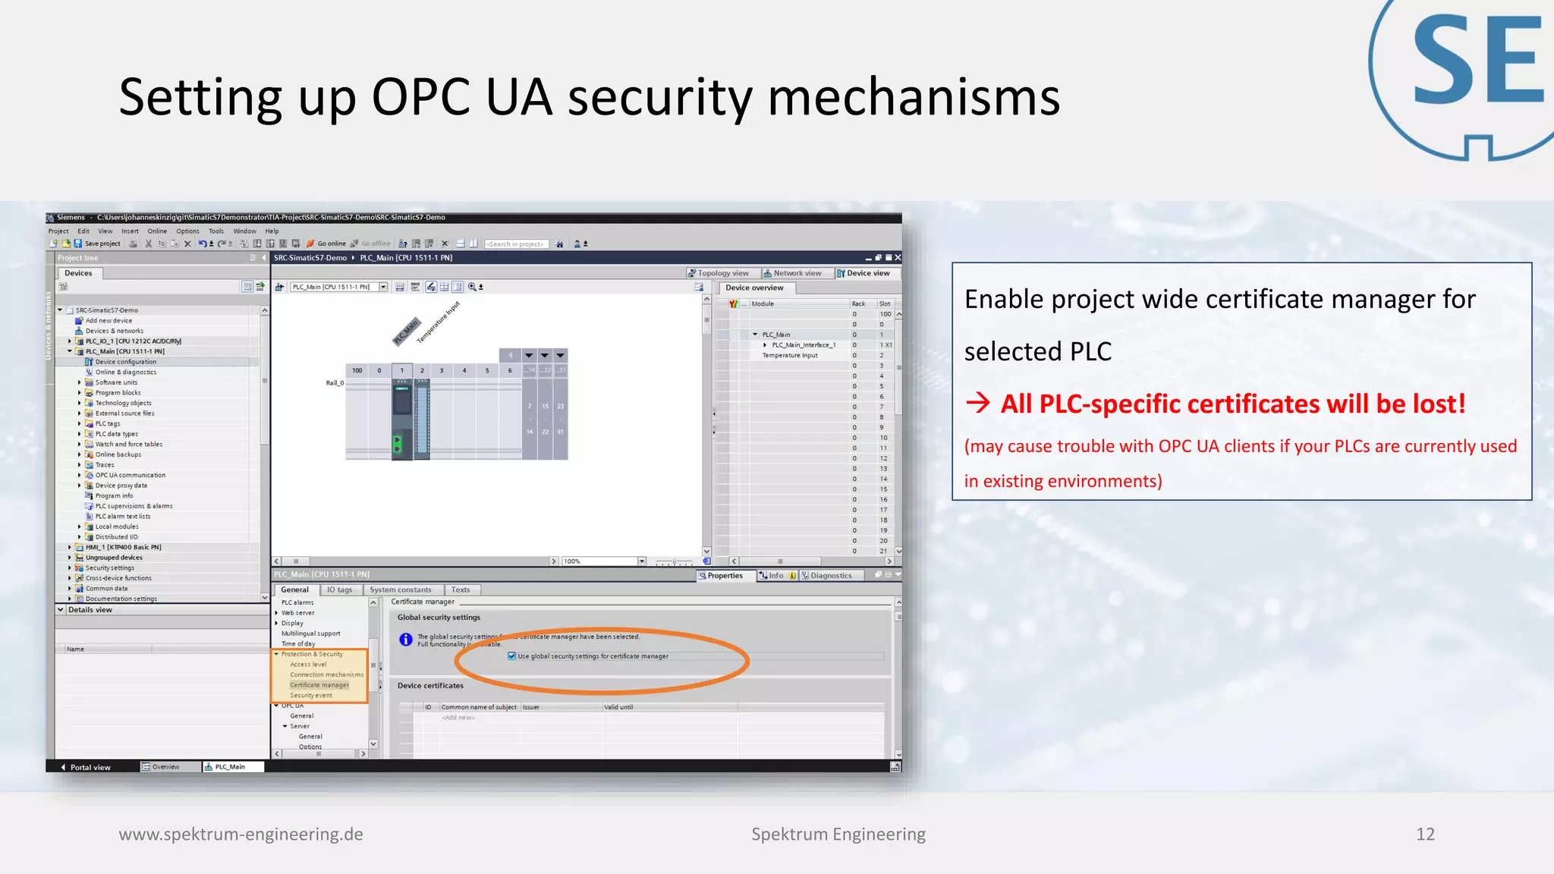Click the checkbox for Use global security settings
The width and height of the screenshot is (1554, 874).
(512, 656)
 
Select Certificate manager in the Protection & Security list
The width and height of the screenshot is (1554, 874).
(319, 685)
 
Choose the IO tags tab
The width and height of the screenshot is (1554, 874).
(339, 589)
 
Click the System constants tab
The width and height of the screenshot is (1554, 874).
(400, 589)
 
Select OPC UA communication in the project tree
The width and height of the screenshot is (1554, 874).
(130, 475)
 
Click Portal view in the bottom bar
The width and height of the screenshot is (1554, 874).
(90, 767)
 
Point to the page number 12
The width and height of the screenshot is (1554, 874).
(1425, 835)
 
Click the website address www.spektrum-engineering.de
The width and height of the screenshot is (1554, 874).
(241, 835)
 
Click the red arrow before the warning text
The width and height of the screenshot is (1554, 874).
(978, 403)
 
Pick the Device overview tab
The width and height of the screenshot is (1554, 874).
(754, 288)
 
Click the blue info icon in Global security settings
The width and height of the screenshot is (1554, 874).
(406, 640)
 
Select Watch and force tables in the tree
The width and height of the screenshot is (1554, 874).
(128, 445)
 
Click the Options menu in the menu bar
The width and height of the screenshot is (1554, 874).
(187, 231)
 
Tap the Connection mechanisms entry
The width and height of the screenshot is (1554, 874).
(326, 674)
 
